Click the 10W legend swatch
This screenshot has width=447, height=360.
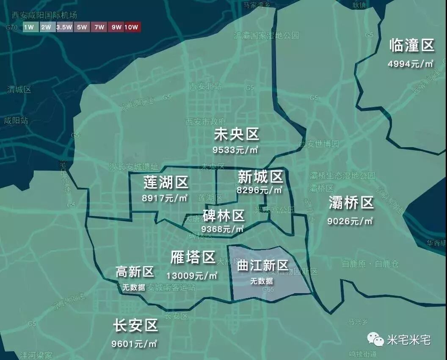[132, 27]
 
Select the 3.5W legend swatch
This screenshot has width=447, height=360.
[64, 27]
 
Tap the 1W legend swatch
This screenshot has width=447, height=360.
[29, 27]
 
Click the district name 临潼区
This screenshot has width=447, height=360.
[411, 45]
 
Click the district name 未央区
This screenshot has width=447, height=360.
[236, 135]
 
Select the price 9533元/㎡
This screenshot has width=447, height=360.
[236, 150]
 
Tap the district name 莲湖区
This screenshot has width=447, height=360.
[166, 183]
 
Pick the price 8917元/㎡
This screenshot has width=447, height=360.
[165, 198]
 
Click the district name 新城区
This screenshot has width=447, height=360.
[260, 176]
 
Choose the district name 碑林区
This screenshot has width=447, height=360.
[223, 216]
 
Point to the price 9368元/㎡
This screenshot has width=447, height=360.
[223, 229]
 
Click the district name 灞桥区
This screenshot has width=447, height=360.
[351, 203]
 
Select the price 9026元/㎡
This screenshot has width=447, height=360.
[350, 221]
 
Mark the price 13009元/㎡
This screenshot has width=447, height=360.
[192, 276]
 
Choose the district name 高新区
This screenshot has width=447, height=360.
[135, 272]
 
